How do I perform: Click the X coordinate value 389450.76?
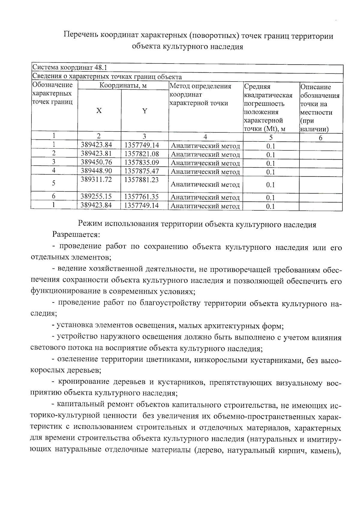click(x=96, y=162)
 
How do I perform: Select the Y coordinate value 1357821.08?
click(x=142, y=154)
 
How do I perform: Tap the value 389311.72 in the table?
click(x=96, y=180)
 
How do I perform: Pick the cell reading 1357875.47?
click(x=142, y=171)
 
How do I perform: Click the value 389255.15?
click(x=96, y=197)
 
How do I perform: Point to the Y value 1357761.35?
click(x=142, y=197)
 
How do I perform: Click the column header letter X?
click(x=99, y=111)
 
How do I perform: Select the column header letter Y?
click(x=145, y=111)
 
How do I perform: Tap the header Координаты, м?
click(x=123, y=86)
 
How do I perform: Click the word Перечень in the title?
click(x=80, y=36)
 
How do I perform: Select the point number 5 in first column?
click(x=54, y=183)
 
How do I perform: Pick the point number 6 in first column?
click(x=54, y=196)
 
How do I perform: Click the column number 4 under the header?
click(x=205, y=137)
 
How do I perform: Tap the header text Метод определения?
click(x=200, y=86)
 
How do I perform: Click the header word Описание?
click(x=316, y=87)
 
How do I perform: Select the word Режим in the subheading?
click(x=89, y=224)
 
